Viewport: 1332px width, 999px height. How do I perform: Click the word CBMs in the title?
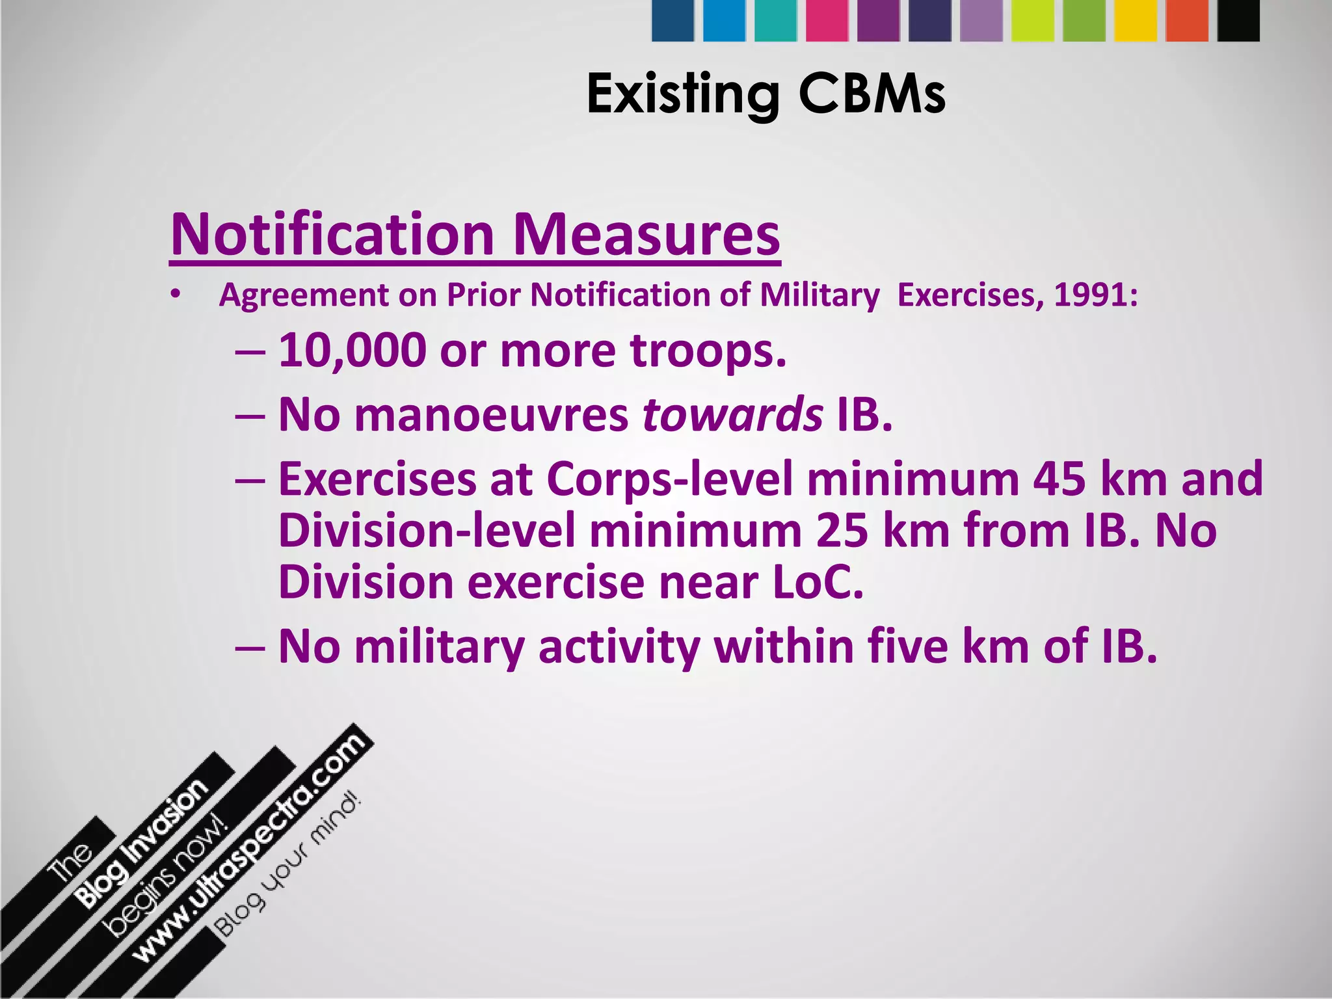point(872,94)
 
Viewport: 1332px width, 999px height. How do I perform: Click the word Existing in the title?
point(683,94)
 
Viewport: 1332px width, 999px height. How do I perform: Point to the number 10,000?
point(352,351)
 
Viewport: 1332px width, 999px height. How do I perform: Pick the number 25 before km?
point(842,531)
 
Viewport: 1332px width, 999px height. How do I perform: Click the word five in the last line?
point(907,646)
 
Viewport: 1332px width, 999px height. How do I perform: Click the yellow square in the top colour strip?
point(1136,21)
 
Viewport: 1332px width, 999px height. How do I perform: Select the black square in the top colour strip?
point(1238,21)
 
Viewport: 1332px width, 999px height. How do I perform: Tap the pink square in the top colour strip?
point(827,21)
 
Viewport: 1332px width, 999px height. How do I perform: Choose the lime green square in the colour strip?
point(1033,21)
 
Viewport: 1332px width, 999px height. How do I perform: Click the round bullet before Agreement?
point(174,296)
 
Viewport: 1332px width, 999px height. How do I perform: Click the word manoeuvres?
point(492,414)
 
